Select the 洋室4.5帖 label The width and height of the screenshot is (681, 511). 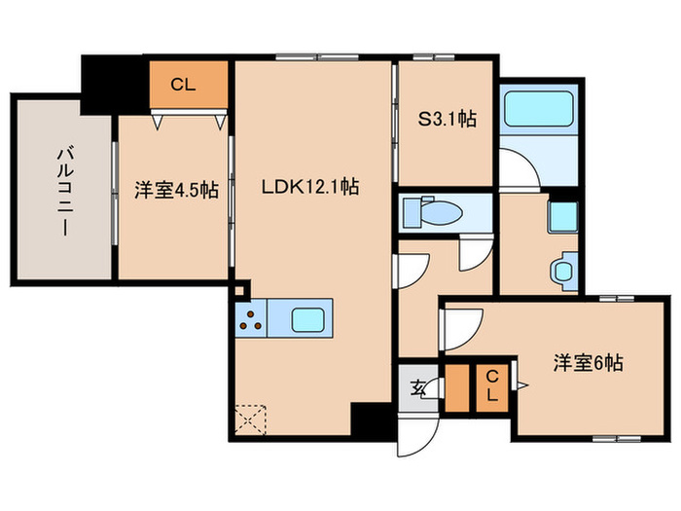(175, 190)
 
